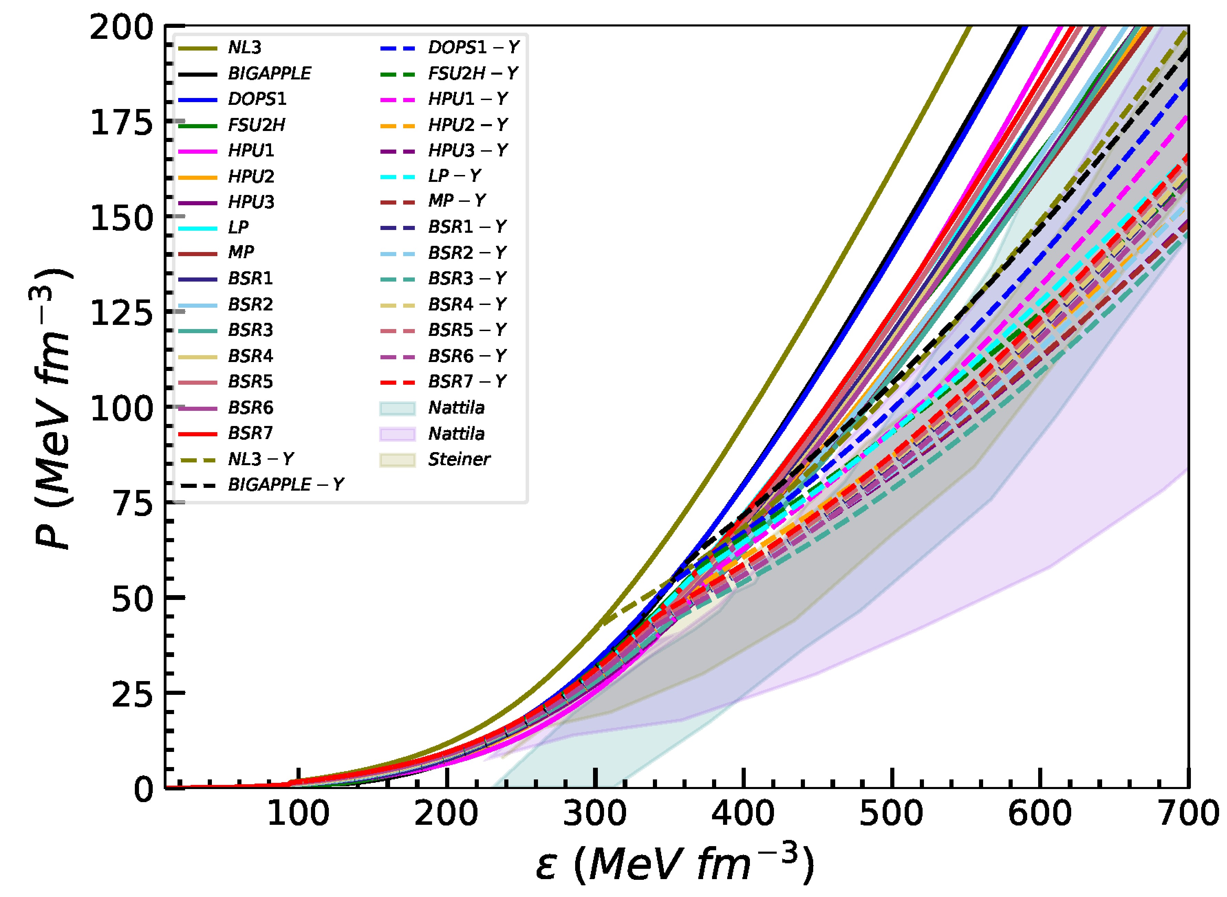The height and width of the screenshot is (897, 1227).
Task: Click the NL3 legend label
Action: point(245,48)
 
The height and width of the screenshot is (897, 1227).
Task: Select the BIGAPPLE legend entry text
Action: point(269,73)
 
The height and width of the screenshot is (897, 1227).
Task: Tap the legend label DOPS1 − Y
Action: point(473,48)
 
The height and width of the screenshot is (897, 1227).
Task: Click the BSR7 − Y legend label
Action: point(467,382)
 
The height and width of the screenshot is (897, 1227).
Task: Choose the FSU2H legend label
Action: point(256,125)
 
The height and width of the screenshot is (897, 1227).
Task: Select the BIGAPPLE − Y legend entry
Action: point(286,484)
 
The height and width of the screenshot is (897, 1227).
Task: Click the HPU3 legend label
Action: point(251,202)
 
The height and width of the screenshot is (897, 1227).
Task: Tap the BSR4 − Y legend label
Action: point(467,305)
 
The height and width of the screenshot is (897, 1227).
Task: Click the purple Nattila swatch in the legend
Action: point(398,434)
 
